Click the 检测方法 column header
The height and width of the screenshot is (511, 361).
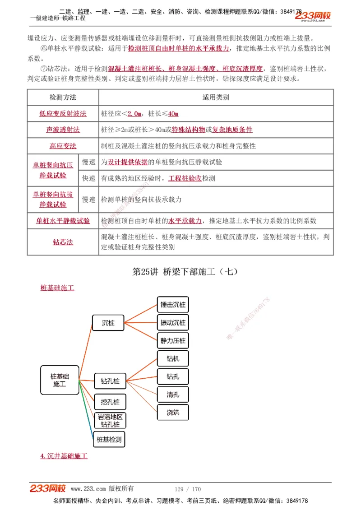[63, 97]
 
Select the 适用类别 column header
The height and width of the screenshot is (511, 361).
[216, 97]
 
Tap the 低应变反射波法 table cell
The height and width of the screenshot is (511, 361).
[63, 114]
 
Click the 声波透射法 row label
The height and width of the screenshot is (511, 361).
[63, 130]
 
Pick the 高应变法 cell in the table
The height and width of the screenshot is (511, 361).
[63, 146]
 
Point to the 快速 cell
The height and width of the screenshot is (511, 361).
[88, 178]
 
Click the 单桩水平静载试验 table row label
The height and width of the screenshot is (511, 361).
[63, 221]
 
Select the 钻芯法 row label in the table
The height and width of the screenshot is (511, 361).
[63, 242]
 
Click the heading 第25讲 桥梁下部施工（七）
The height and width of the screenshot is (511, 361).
[185, 272]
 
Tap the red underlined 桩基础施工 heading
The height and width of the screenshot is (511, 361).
[57, 288]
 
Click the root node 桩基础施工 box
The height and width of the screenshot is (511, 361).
[60, 380]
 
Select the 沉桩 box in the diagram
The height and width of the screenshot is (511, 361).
[108, 323]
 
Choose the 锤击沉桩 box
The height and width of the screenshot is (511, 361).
[173, 305]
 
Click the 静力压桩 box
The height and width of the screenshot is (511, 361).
[173, 340]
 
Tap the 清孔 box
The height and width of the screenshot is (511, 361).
[173, 395]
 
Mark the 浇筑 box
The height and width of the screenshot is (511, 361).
[173, 412]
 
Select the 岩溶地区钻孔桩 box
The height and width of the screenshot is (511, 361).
[110, 420]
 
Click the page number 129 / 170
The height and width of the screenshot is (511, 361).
[188, 489]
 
